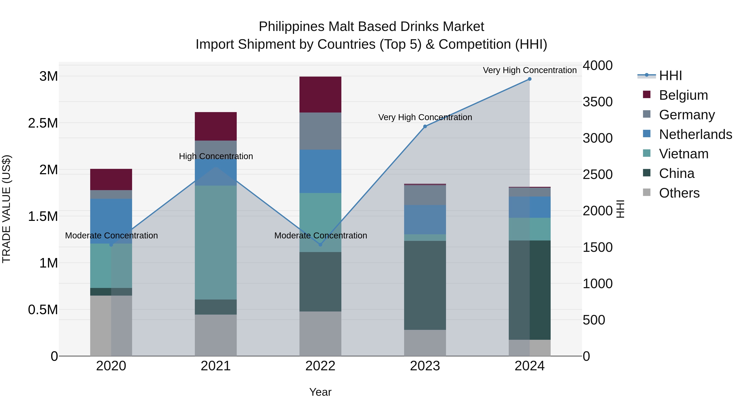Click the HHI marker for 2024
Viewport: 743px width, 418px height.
click(x=530, y=79)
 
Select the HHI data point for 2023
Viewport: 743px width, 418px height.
click(x=425, y=126)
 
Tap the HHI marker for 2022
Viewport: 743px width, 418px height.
click(x=320, y=245)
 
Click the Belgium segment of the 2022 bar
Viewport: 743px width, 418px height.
click(x=320, y=95)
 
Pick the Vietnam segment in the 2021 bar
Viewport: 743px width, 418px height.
click(x=216, y=242)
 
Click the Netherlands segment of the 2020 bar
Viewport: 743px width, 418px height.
click(x=111, y=221)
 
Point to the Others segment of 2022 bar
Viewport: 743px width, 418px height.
click(x=320, y=334)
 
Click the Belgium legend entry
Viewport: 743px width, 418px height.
click(x=683, y=95)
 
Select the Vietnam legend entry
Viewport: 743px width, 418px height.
click(x=684, y=154)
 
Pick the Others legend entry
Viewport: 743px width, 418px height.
click(x=679, y=193)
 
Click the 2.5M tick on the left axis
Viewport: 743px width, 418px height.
click(x=43, y=123)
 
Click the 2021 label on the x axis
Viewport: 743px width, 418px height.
click(x=216, y=366)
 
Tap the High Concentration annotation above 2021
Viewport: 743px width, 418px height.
click(x=216, y=156)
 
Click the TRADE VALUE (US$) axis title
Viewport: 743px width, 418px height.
click(x=7, y=209)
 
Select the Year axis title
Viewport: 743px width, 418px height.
click(x=320, y=392)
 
